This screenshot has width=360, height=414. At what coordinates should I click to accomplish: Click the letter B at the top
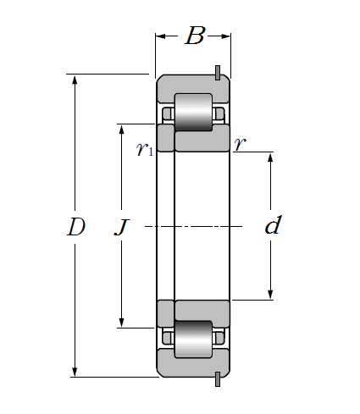195,36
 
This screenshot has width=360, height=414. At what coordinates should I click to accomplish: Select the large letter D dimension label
76,227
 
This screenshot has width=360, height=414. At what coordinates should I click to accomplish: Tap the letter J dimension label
122,227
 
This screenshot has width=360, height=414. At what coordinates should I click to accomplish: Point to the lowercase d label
273,225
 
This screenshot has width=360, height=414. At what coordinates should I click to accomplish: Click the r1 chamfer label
145,148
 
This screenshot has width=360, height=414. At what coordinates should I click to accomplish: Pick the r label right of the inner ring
240,144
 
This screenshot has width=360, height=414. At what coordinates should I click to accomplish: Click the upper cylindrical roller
193,112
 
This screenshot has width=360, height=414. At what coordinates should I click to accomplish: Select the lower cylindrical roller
193,339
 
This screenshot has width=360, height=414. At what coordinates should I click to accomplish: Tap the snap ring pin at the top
218,73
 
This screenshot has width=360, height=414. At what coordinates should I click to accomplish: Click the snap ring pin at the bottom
218,379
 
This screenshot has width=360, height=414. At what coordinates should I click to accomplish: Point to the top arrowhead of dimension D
75,80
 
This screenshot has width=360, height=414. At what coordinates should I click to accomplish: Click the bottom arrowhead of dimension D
75,372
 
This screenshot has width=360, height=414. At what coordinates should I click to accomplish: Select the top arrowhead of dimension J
121,130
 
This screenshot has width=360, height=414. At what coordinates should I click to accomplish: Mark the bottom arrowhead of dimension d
270,295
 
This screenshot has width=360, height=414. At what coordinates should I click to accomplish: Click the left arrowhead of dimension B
161,36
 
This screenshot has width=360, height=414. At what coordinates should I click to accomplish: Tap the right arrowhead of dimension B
225,36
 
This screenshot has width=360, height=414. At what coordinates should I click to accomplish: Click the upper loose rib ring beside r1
165,138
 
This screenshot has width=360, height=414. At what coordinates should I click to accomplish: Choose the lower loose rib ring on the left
165,314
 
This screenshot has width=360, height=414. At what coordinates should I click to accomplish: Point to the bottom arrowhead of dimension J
121,323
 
